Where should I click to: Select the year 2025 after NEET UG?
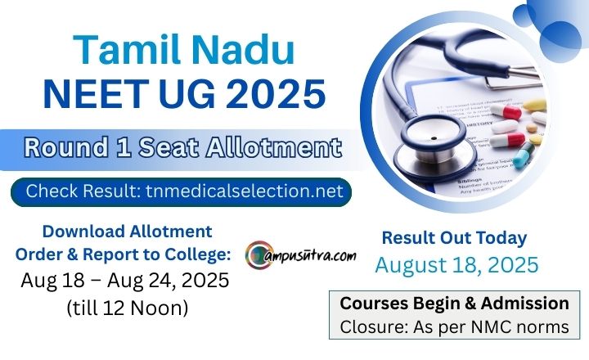pos(276,93)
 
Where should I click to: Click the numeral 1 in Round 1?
pos(124,147)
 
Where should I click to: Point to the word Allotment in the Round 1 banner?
pos(274,147)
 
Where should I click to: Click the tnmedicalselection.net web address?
pos(245,191)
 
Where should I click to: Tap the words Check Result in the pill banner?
pos(83,191)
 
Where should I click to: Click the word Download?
pos(83,232)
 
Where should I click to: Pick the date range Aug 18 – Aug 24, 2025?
pos(124,280)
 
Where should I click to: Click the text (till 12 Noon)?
pos(128,308)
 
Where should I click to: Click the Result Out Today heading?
pos(454,238)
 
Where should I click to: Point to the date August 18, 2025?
pos(456,264)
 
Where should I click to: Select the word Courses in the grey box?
pos(374,304)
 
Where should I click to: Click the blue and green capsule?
pos(524,154)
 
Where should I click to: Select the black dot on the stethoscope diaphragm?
pos(434,138)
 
